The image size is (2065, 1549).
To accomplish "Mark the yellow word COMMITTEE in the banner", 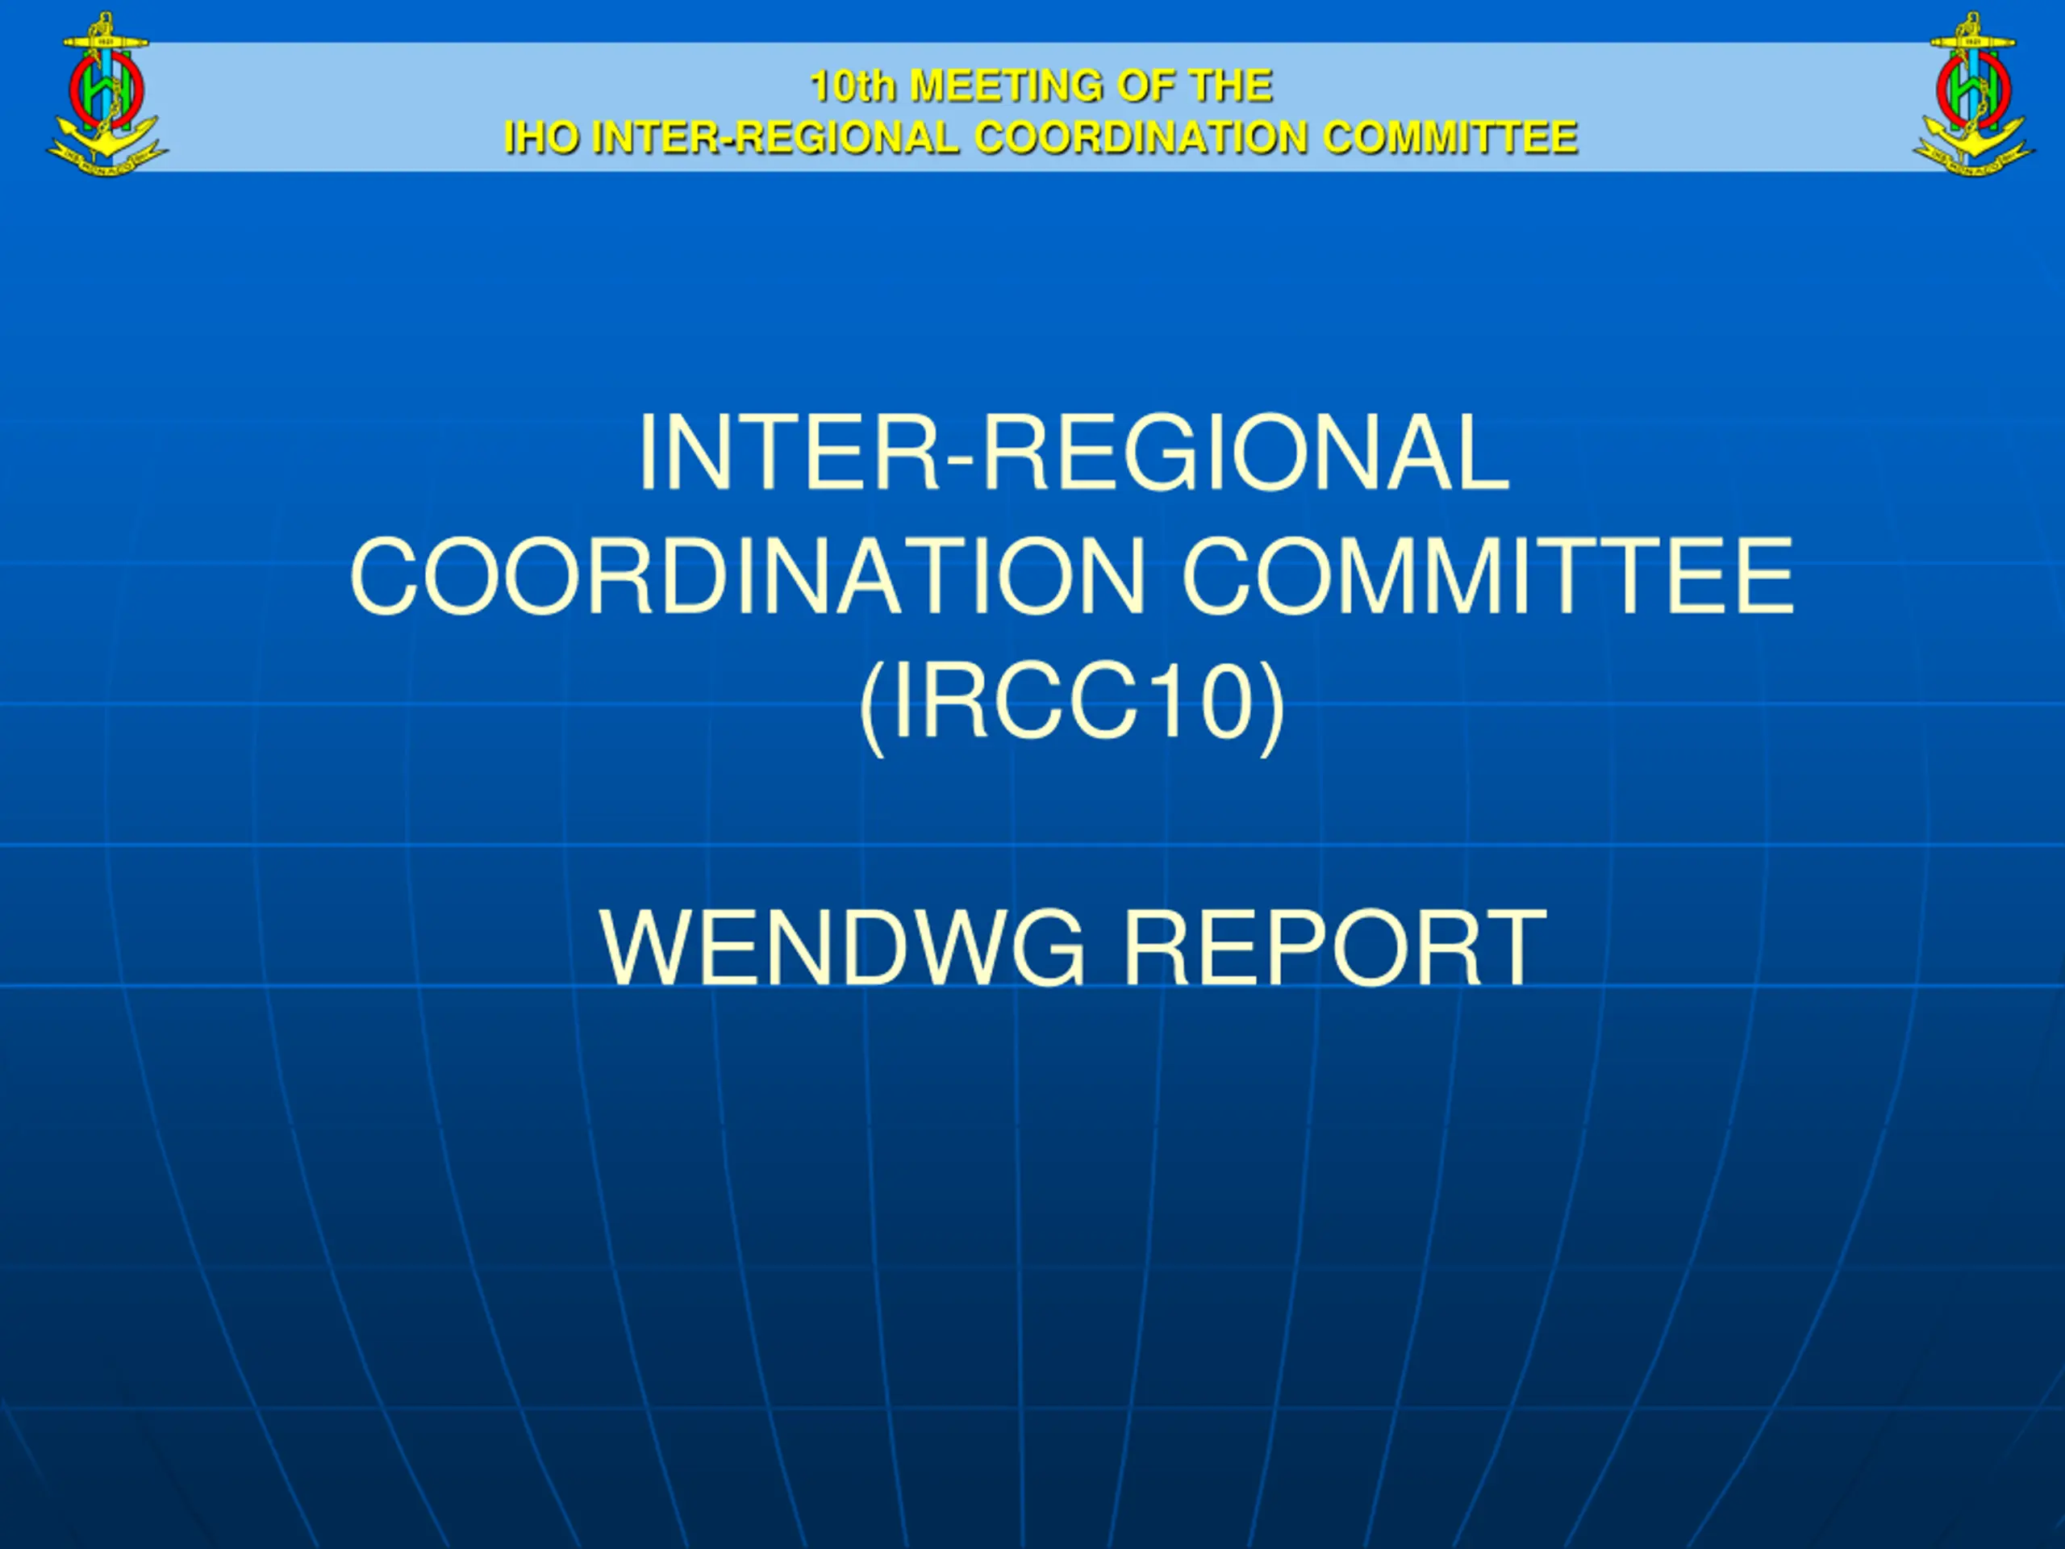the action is click(1450, 137).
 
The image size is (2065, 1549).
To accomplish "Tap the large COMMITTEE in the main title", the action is click(1487, 576).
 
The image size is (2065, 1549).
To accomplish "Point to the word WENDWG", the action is click(843, 947).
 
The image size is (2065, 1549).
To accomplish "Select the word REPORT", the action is click(1334, 947).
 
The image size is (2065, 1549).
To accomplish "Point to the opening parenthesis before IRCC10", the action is click(872, 707).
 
